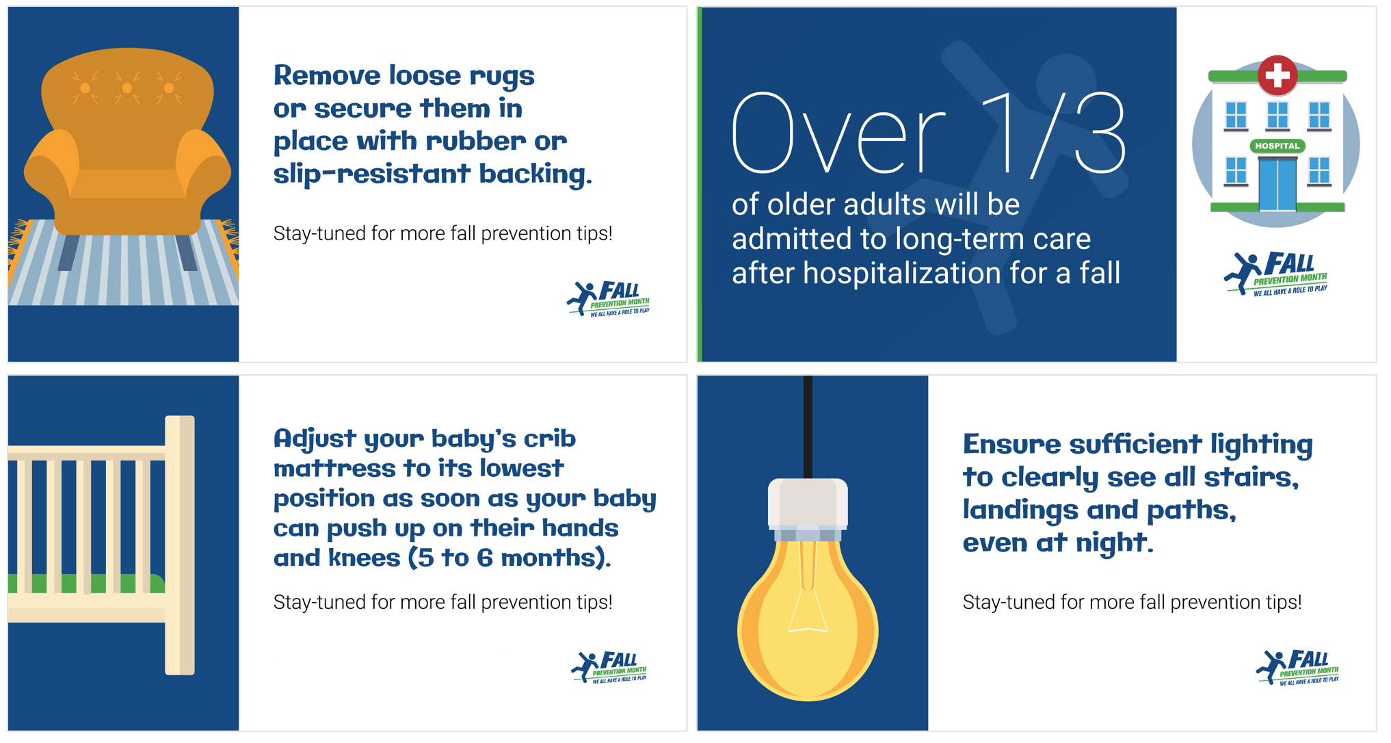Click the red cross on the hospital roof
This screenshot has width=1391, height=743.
click(x=1277, y=75)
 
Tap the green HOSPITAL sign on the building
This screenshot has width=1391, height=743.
click(x=1277, y=146)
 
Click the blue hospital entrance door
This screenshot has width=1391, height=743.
click(x=1277, y=185)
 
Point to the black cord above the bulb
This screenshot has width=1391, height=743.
click(x=808, y=424)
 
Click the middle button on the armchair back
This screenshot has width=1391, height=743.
click(x=127, y=88)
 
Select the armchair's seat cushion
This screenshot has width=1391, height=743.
click(x=127, y=183)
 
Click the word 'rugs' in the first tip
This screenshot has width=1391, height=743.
click(x=501, y=77)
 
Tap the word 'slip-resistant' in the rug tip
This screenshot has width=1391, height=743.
click(x=371, y=174)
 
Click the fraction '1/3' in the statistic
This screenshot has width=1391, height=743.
click(x=1054, y=133)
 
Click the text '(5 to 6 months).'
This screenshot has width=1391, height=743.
click(x=509, y=558)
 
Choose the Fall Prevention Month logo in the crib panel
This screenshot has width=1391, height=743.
click(x=609, y=667)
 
